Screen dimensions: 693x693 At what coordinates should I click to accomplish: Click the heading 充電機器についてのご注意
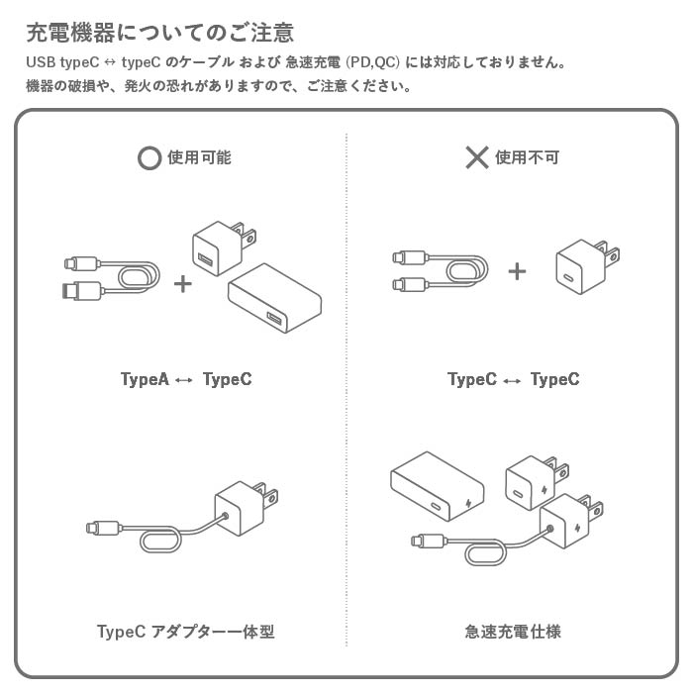(159, 32)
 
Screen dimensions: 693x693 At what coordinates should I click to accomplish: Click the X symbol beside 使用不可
(477, 157)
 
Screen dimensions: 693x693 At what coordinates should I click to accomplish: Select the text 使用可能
(200, 157)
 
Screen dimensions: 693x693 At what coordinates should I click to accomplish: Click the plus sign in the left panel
(183, 284)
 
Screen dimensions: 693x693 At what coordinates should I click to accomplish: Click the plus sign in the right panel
(517, 270)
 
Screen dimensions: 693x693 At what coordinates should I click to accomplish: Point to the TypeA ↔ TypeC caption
(185, 379)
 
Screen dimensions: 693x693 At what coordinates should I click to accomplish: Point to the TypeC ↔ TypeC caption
(513, 379)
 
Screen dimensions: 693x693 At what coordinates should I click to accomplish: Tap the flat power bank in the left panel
(276, 298)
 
